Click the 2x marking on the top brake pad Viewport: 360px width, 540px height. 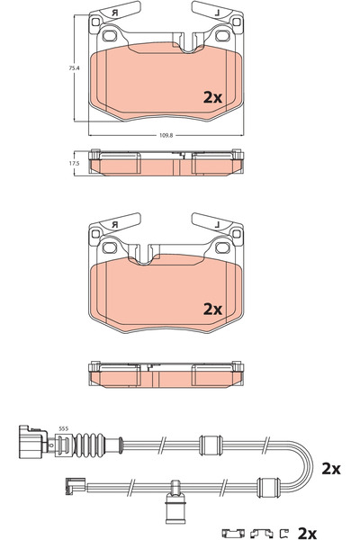[x=212, y=95]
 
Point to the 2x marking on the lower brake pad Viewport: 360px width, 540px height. [x=212, y=308]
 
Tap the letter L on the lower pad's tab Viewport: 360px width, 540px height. [x=219, y=223]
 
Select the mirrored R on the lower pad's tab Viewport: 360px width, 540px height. [x=115, y=223]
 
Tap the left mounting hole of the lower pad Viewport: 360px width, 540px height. [x=112, y=247]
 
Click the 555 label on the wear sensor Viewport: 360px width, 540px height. [x=64, y=427]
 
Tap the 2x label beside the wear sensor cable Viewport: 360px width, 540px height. [x=330, y=469]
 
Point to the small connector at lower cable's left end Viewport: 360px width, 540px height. [x=68, y=488]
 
